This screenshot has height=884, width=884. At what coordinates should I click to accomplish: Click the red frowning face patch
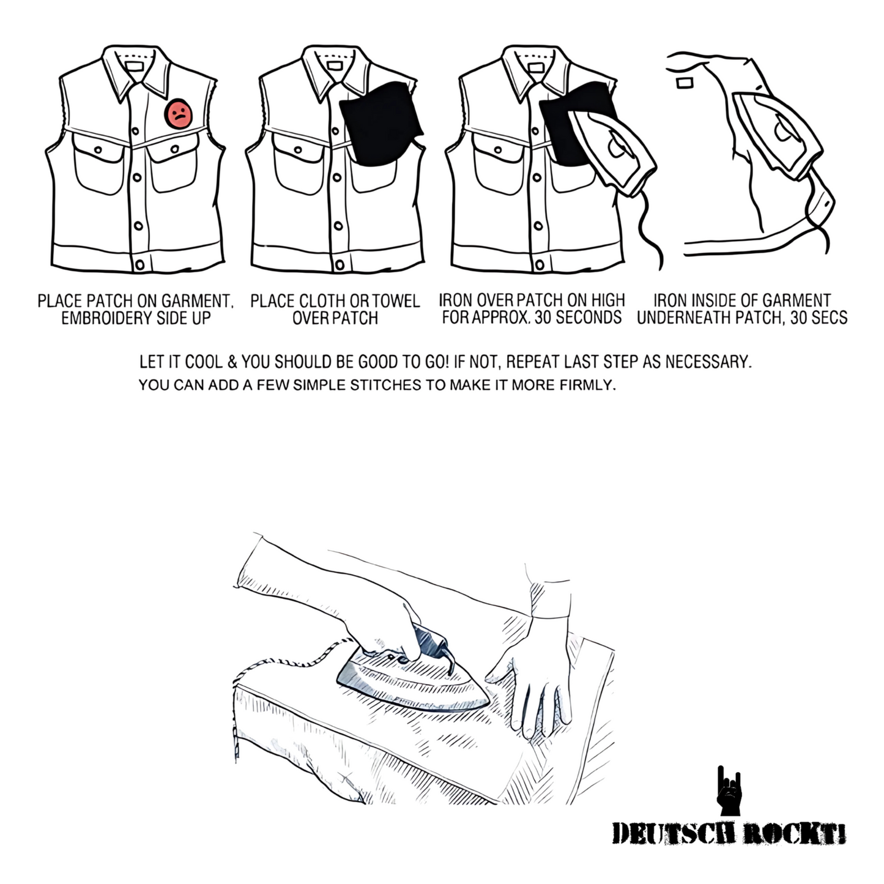click(179, 114)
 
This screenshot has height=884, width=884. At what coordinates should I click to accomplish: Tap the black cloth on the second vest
click(381, 124)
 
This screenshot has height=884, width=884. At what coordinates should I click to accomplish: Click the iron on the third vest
click(612, 151)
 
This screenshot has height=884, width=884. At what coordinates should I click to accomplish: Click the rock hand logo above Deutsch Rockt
click(729, 790)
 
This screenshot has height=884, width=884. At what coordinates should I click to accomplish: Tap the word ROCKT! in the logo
click(794, 834)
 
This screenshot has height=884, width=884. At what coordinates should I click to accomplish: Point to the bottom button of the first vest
click(139, 265)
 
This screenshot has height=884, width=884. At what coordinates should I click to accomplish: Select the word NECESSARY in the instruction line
click(709, 362)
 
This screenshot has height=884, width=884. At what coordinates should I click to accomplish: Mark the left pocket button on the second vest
click(298, 150)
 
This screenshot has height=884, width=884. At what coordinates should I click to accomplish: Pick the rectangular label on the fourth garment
click(685, 83)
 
